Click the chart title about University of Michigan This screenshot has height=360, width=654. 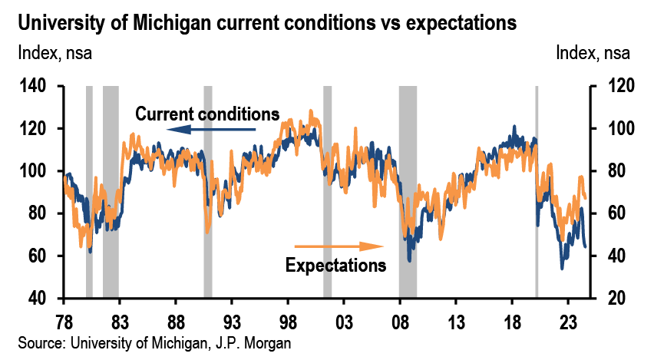point(267,23)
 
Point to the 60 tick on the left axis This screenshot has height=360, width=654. point(37,256)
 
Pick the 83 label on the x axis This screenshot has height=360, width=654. point(119,323)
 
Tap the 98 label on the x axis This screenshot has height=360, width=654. point(288,323)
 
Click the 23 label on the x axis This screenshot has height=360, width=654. point(568,323)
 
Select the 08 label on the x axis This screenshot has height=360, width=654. point(400,323)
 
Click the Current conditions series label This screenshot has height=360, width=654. point(207,114)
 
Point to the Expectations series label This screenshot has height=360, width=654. point(335,266)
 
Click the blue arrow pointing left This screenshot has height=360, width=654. point(211,130)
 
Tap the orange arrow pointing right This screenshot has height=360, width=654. point(339,246)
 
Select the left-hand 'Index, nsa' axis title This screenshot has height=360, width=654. point(54,54)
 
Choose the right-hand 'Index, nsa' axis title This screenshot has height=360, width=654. point(593,54)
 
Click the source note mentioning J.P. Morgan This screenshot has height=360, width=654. point(154,343)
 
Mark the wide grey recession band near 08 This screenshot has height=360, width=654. point(408,192)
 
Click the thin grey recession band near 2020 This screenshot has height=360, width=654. point(537,192)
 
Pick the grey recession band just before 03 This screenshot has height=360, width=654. point(328,192)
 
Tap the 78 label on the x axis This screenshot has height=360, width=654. point(64,323)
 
